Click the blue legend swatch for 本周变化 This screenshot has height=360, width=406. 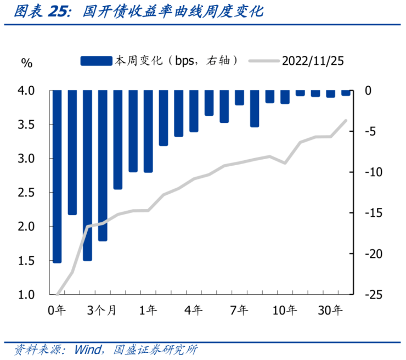(96, 60)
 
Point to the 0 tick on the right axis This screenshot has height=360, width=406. (369, 91)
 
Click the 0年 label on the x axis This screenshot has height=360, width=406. (57, 311)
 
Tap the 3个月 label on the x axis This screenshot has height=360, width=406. (102, 311)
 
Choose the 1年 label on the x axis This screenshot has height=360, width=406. (149, 311)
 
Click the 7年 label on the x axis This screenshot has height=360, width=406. (240, 311)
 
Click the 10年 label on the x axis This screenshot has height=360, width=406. (285, 311)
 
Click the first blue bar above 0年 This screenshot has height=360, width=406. (57, 176)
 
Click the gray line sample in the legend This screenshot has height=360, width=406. (263, 60)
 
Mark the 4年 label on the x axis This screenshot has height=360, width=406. (194, 311)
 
